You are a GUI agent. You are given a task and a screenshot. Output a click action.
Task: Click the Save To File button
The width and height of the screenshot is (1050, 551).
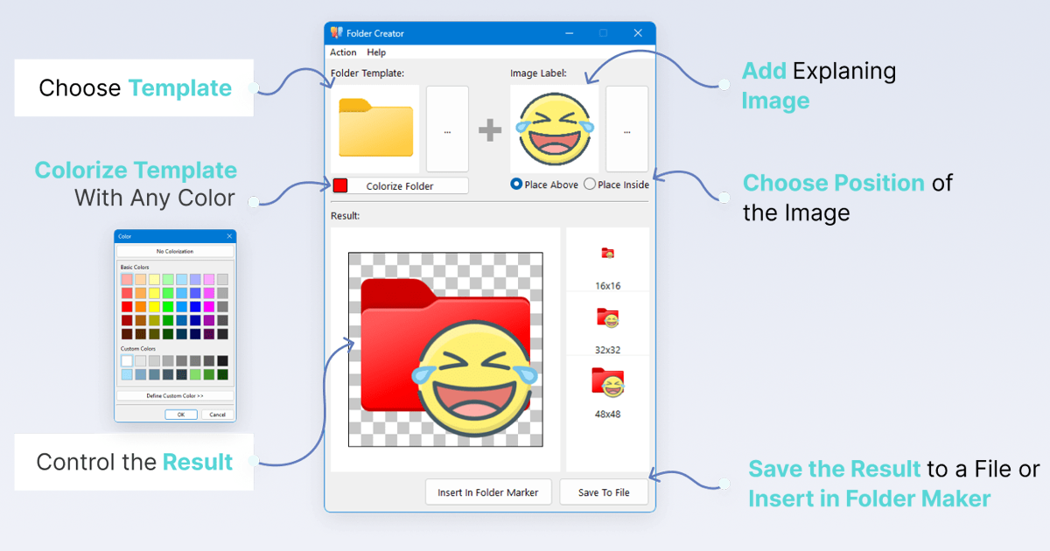(604, 492)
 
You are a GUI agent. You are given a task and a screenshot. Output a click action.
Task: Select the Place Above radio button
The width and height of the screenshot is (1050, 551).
(516, 185)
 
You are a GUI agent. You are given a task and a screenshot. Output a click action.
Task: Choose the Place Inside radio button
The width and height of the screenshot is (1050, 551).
(590, 185)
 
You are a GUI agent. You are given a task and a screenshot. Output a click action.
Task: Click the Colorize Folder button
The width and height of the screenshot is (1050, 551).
(400, 186)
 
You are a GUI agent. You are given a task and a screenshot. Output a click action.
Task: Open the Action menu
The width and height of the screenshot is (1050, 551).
(343, 53)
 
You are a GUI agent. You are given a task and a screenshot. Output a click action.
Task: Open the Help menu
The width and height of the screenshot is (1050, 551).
(376, 53)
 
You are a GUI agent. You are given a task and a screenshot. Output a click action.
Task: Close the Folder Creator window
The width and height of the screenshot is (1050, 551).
(638, 33)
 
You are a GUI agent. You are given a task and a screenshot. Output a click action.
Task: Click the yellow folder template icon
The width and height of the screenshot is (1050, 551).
(375, 129)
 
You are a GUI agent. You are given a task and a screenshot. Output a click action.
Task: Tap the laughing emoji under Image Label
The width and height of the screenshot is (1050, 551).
(555, 129)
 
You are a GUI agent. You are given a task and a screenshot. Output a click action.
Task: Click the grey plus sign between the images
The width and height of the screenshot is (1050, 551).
(490, 130)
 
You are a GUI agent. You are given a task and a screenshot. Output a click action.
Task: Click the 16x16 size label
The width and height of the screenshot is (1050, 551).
(607, 286)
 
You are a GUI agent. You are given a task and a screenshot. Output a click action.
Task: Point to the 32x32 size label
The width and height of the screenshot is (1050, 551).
(607, 350)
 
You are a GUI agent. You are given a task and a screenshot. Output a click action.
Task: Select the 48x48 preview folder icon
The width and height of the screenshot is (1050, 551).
(607, 383)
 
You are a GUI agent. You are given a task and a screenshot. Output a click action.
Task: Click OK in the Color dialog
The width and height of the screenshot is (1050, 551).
(180, 415)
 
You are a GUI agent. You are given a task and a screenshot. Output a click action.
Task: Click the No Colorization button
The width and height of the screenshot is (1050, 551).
(175, 252)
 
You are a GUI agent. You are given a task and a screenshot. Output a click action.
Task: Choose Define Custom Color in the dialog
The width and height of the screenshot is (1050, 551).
(175, 396)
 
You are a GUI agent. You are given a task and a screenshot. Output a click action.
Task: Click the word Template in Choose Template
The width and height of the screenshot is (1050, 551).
(180, 88)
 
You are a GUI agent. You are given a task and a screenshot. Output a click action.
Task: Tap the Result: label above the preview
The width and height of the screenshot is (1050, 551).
(346, 216)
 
